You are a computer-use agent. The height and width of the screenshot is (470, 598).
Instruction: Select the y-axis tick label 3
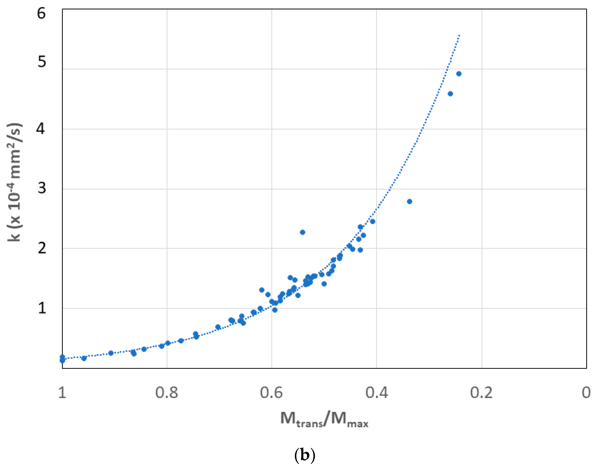tap(42, 188)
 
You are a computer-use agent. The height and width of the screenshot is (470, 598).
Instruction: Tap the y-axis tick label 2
tap(42, 248)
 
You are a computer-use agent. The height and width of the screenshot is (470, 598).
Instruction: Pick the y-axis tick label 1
tap(42, 308)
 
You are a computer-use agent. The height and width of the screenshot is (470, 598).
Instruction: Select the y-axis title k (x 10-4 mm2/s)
tap(14, 182)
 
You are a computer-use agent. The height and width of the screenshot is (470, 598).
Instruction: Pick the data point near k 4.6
tap(450, 94)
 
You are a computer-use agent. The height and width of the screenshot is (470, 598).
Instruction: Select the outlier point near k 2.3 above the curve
tap(303, 232)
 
